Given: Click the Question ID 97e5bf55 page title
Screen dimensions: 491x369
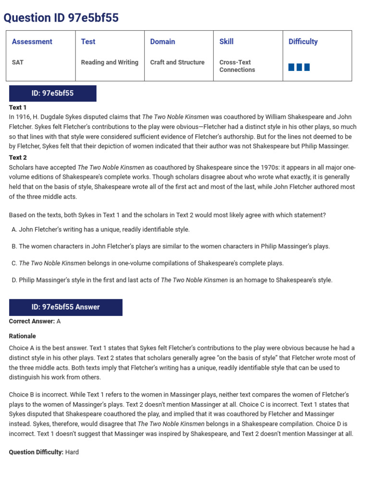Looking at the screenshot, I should click(61, 18).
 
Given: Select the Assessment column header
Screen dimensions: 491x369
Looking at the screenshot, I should click(32, 42).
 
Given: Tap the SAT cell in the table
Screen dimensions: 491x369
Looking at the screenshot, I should click(18, 62).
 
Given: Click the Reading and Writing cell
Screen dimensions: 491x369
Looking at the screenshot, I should click(110, 62).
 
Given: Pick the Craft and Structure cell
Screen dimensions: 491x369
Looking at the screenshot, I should click(177, 62).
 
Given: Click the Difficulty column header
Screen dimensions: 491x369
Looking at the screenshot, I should click(303, 42).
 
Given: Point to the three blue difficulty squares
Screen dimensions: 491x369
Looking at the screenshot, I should click(299, 67).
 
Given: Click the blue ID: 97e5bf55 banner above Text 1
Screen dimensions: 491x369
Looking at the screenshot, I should click(52, 93).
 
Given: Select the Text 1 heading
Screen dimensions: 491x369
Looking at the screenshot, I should click(18, 107).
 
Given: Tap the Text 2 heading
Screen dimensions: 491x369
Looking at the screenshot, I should click(18, 157).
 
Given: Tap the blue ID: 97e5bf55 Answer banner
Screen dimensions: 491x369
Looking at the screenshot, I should click(65, 307).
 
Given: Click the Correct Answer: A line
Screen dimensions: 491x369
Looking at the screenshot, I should click(35, 321).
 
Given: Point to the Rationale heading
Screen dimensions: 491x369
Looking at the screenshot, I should click(23, 336).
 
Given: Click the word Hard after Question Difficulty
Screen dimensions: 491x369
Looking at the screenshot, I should click(72, 452).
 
